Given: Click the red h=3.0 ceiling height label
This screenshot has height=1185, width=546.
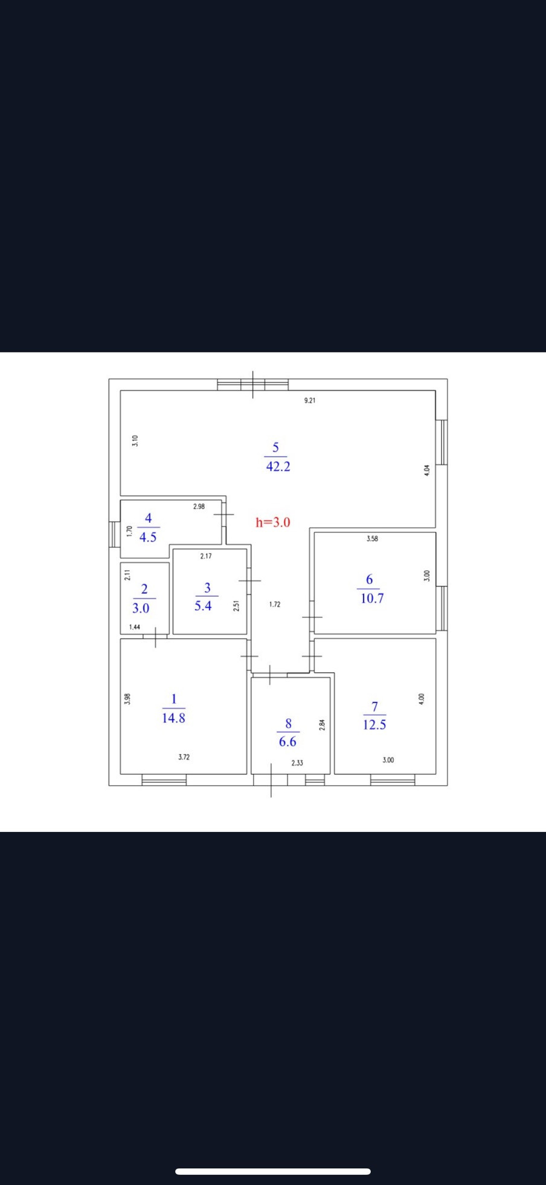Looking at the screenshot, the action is [x=273, y=522].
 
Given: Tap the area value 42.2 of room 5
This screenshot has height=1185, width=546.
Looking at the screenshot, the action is [x=278, y=467].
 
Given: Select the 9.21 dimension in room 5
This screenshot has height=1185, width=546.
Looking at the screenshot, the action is [x=310, y=401].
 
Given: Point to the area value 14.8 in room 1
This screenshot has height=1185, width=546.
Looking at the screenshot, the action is [x=174, y=718].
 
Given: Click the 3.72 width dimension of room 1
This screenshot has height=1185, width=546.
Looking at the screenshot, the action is [x=184, y=757].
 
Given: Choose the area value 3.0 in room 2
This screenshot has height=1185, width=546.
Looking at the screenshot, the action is [x=141, y=608].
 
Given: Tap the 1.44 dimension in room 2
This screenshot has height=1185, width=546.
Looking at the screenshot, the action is [x=135, y=627].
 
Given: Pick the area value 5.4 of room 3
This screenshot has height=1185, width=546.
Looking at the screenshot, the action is [x=203, y=606].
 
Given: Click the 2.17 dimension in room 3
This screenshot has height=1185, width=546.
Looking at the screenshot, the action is [x=206, y=556].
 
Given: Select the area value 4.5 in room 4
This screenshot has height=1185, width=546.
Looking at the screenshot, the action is [x=148, y=537].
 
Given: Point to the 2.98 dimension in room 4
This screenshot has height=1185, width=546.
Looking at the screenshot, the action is [x=199, y=507].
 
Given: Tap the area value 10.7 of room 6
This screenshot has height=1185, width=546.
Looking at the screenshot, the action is [x=372, y=599].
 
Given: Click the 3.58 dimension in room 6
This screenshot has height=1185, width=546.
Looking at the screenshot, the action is [x=372, y=539].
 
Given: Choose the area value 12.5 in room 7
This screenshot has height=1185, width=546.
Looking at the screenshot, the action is [x=374, y=725].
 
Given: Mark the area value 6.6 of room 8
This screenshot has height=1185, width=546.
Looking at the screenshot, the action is [x=287, y=742].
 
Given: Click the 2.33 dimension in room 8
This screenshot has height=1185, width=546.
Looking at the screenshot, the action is [x=297, y=763].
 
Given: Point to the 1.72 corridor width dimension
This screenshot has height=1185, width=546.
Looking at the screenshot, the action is [x=275, y=605].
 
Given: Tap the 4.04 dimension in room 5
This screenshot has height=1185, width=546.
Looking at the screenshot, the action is [x=426, y=470].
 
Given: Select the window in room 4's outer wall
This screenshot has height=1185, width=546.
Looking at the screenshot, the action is [x=114, y=534].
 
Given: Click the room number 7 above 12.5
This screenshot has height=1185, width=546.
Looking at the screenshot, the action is [x=374, y=707].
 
